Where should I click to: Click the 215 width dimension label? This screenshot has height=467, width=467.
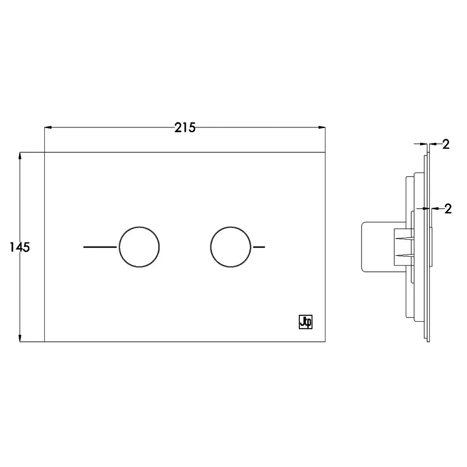pyautogui.click(x=185, y=127)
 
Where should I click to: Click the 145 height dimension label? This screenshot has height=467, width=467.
pyautogui.click(x=20, y=247)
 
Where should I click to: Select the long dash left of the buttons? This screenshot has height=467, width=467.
pyautogui.click(x=100, y=247)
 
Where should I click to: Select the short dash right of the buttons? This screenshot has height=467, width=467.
pyautogui.click(x=259, y=247)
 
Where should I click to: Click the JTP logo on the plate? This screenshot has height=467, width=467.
pyautogui.click(x=305, y=322)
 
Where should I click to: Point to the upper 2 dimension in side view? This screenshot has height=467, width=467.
pyautogui.click(x=446, y=144)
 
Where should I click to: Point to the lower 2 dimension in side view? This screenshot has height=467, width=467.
pyautogui.click(x=448, y=209)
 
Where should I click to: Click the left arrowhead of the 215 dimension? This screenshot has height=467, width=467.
pyautogui.click(x=48, y=127)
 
